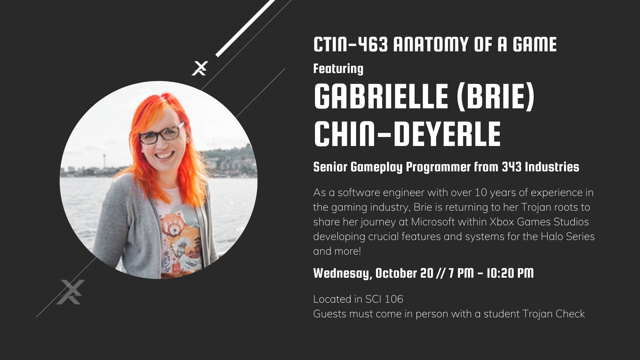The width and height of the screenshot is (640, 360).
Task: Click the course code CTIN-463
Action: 351,45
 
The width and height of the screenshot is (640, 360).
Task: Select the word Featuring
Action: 338,69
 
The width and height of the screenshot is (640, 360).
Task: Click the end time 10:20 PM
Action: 510,273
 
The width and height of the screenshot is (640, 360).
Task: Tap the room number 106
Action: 394,299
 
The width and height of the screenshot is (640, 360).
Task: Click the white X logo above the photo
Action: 200,68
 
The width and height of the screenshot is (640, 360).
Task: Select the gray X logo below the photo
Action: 70,292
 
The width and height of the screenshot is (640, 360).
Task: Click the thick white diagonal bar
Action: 246,28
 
